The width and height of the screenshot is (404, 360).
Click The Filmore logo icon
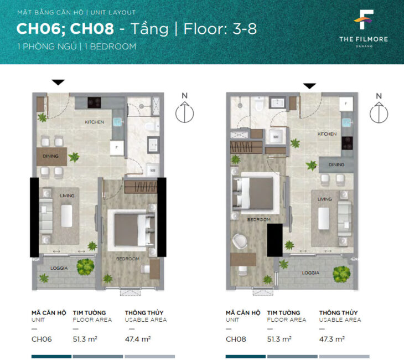point(364,21)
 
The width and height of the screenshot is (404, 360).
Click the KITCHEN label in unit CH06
point(94,122)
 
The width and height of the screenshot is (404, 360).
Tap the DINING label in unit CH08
point(336,164)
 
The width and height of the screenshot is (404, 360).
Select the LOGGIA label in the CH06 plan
point(59,268)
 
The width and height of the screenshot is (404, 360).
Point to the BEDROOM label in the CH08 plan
point(258,220)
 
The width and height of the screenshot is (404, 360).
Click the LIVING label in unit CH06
point(67,196)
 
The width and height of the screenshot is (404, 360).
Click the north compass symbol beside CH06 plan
point(184,111)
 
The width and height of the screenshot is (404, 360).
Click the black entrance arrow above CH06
point(58,83)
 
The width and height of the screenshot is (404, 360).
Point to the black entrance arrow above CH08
point(309,86)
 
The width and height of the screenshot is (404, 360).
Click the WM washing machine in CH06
point(153,171)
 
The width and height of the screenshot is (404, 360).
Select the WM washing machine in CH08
point(275,136)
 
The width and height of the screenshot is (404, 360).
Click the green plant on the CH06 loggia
point(86,267)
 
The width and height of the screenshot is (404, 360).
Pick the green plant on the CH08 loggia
point(341,273)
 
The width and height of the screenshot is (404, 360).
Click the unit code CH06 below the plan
point(42,339)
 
